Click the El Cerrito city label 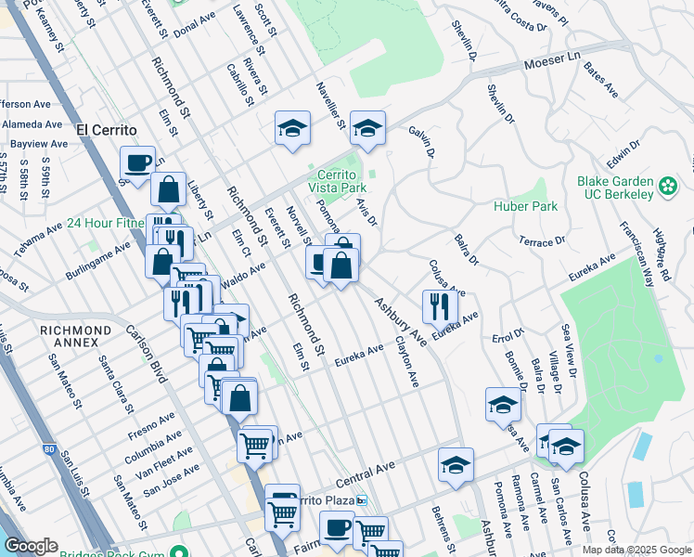(107, 130)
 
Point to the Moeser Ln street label (551, 65)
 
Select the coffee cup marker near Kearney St (138, 164)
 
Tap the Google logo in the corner (32, 546)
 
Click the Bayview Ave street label (38, 144)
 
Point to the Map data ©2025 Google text (636, 550)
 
